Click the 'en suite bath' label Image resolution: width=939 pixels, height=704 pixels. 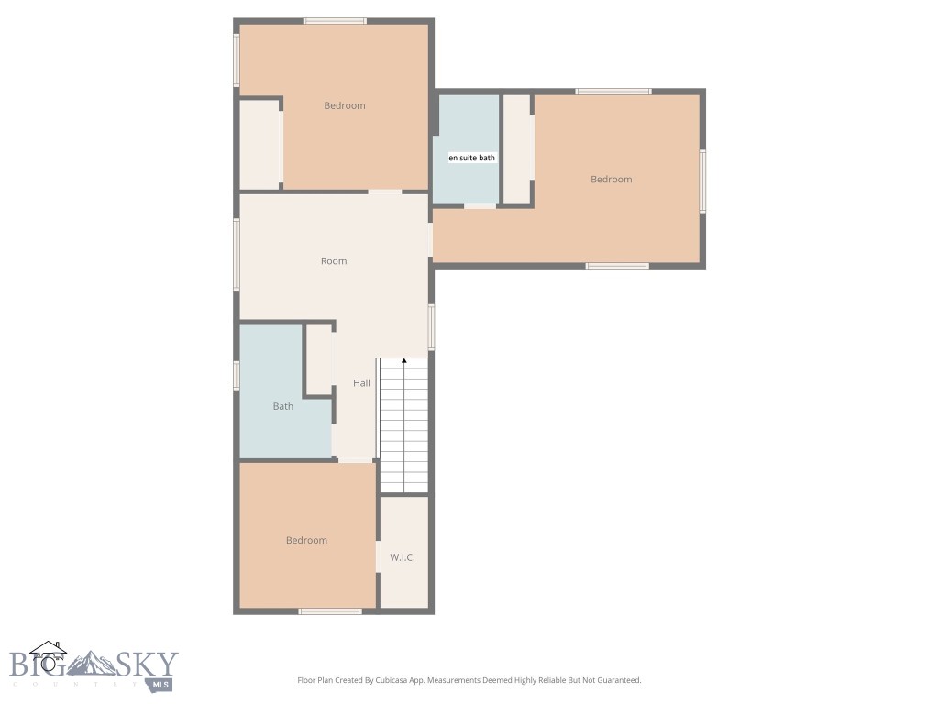tap(471, 158)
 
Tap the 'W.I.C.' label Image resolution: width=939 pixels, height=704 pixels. tap(403, 557)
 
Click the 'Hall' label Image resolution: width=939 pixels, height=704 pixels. tap(362, 383)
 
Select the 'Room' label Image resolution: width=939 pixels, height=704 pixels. tap(334, 261)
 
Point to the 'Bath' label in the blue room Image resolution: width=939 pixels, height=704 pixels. tap(283, 406)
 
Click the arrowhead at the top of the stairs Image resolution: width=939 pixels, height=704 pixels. tap(404, 361)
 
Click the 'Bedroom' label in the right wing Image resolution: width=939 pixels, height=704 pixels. tap(612, 180)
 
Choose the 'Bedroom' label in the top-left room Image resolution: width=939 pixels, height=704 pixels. tap(345, 105)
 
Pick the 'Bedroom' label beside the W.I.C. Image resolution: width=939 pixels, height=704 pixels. tap(306, 541)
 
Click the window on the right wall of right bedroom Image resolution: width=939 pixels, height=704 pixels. tap(702, 181)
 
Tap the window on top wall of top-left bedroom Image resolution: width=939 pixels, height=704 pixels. tap(335, 21)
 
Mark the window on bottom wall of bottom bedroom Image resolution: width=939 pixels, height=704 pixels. tap(330, 610)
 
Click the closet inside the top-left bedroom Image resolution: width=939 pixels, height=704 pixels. tap(260, 145)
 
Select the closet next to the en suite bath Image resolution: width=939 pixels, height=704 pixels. tap(517, 148)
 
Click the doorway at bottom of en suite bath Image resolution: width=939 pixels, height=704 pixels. tap(480, 206)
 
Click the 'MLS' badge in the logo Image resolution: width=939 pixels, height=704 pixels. tap(162, 684)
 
